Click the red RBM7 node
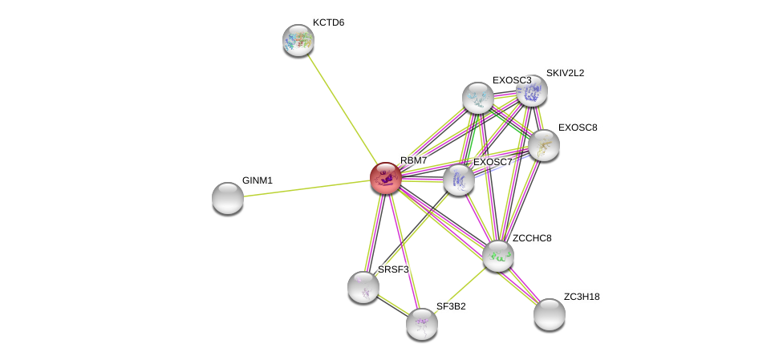click(x=386, y=178)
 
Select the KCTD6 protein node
click(x=298, y=40)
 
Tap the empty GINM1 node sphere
click(x=228, y=198)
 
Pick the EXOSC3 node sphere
click(x=478, y=98)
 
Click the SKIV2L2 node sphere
click(x=532, y=91)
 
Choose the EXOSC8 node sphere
click(x=544, y=145)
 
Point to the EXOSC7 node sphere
click(x=458, y=180)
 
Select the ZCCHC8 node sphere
click(x=498, y=256)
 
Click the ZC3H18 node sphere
click(x=550, y=314)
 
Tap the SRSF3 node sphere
click(x=363, y=288)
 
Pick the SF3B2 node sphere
click(x=422, y=324)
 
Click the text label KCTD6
click(x=329, y=23)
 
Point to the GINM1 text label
click(x=258, y=180)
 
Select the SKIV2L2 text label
click(x=566, y=74)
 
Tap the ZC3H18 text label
click(x=582, y=297)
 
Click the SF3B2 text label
click(x=451, y=306)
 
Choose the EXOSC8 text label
click(x=578, y=127)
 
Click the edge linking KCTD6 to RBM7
click(x=342, y=109)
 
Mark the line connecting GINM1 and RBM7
click(x=306, y=188)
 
